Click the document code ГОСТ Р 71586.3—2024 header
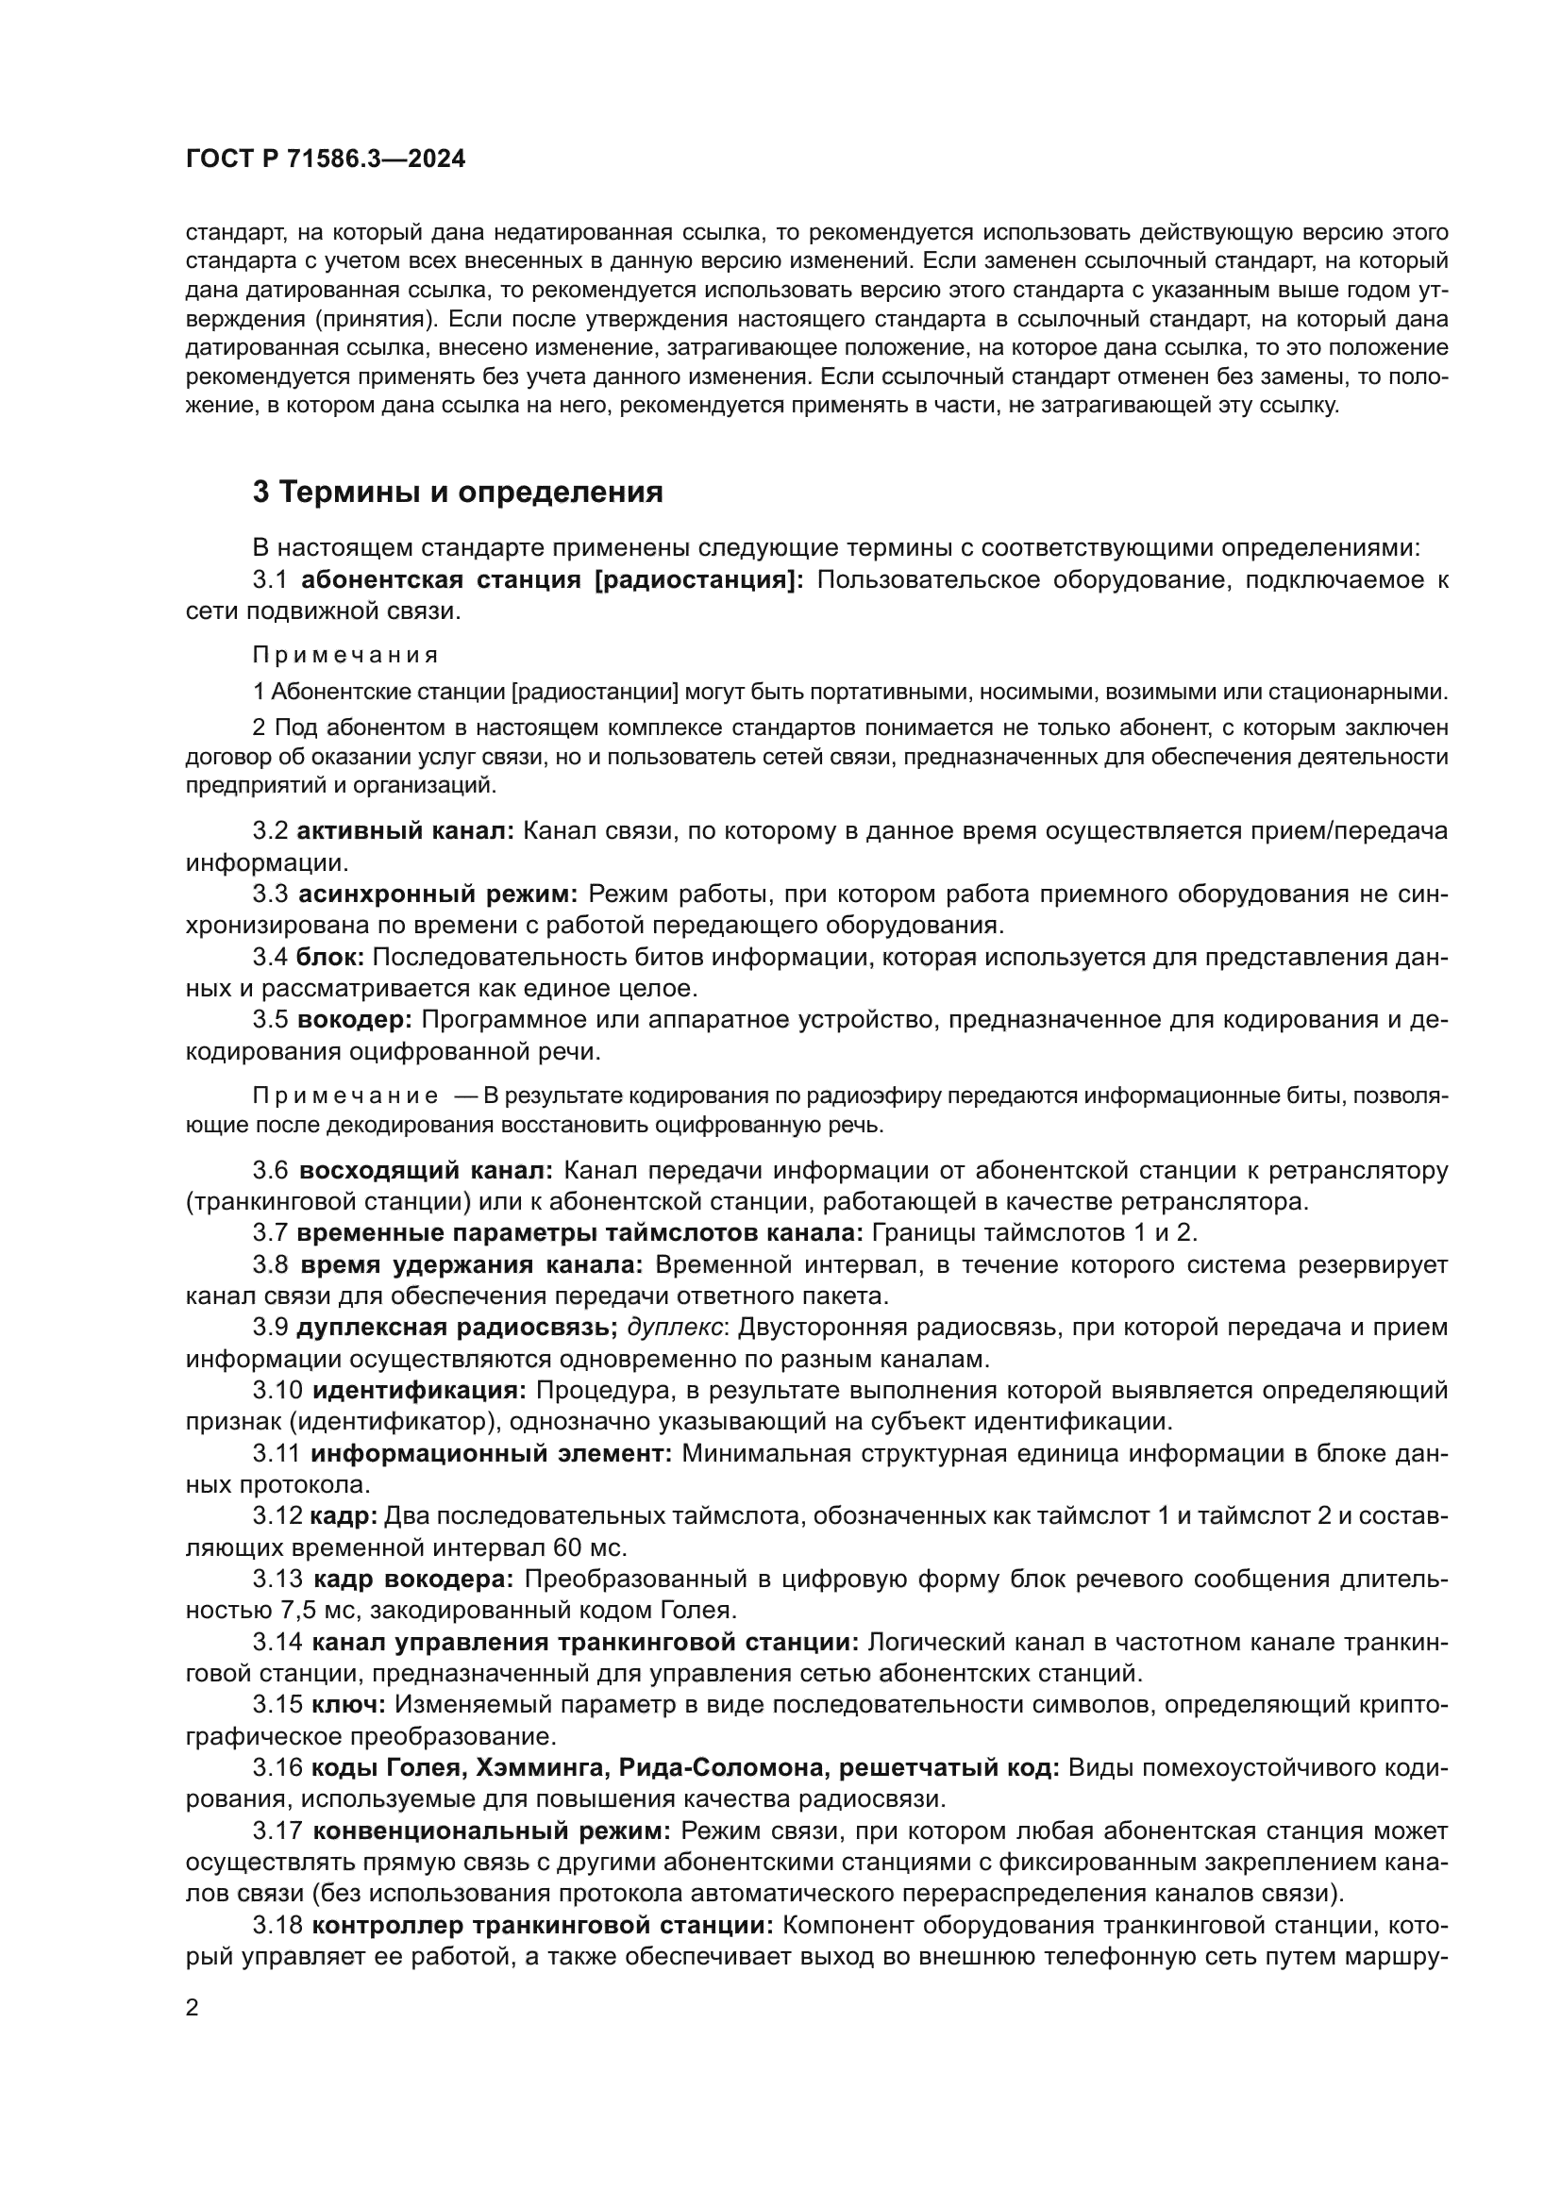click(x=325, y=159)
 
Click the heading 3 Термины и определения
click(x=458, y=493)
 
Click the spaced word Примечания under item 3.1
click(x=345, y=656)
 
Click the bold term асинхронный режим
click(x=437, y=895)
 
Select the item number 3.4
click(x=270, y=958)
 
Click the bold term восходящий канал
click(x=426, y=1171)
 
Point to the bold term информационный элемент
click(x=491, y=1453)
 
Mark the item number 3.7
click(x=270, y=1233)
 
